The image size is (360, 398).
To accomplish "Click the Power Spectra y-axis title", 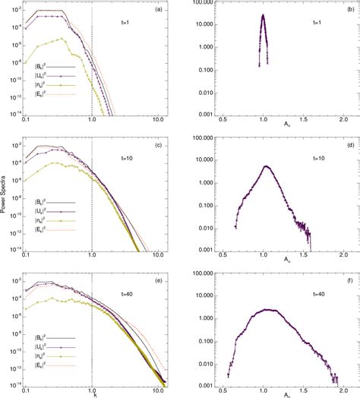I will point(5,198).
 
